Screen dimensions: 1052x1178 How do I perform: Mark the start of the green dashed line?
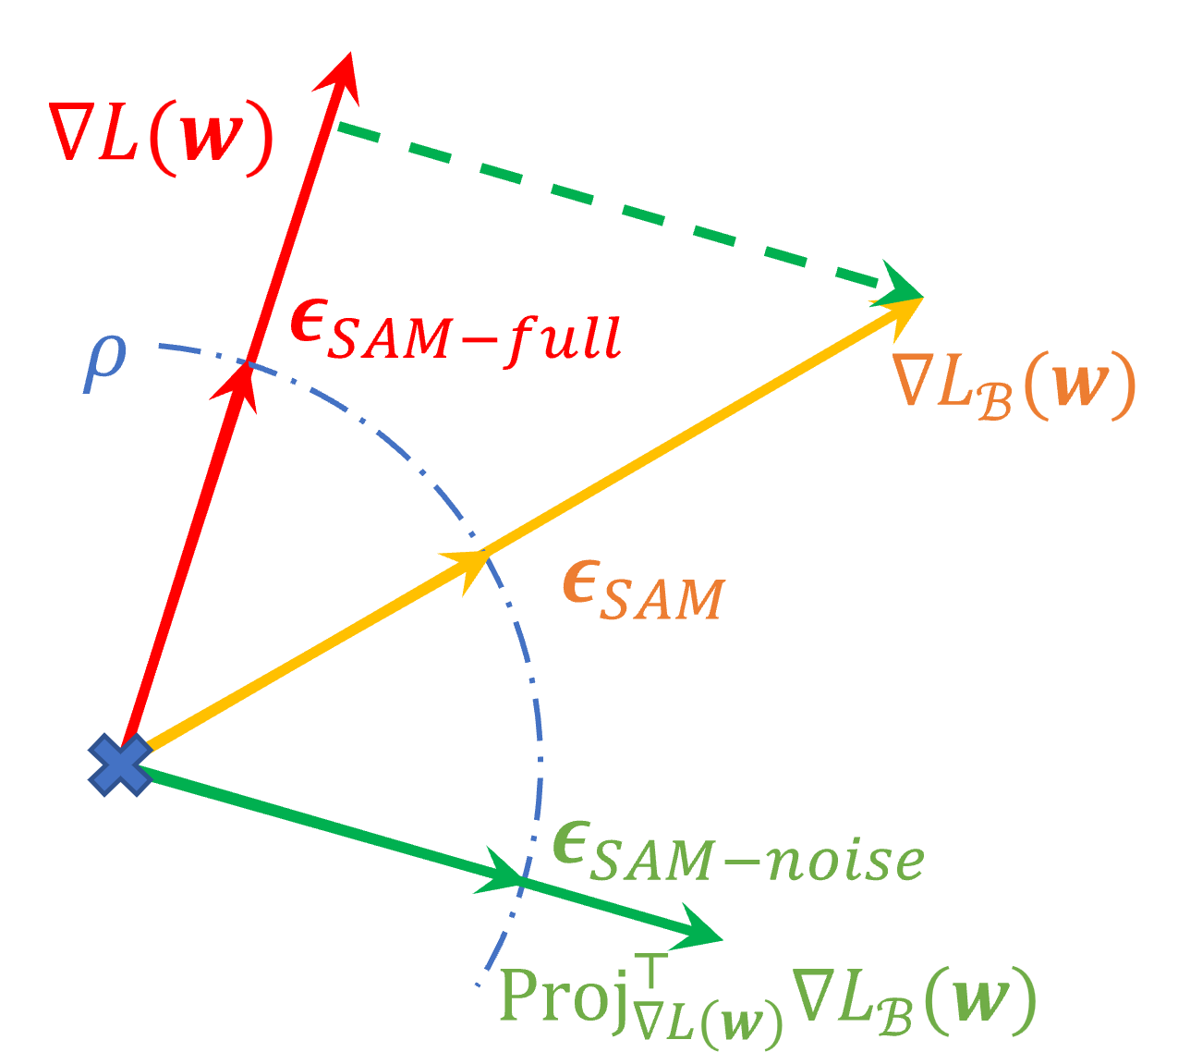tap(341, 125)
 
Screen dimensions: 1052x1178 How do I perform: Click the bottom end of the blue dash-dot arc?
tap(479, 985)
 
